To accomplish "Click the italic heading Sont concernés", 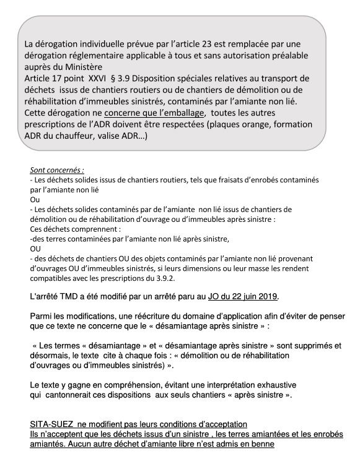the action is click(56, 170).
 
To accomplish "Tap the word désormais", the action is click(51, 356).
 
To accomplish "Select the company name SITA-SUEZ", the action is click(56, 424).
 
